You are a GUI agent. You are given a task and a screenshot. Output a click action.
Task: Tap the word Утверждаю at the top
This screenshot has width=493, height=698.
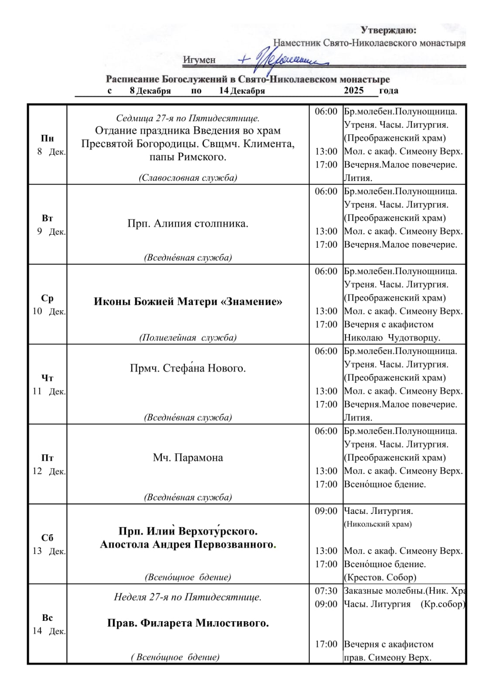[x=388, y=30]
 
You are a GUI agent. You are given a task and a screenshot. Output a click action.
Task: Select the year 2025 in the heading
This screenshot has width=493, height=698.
[x=353, y=90]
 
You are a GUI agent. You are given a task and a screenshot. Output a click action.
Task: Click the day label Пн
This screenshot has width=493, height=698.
[x=47, y=138]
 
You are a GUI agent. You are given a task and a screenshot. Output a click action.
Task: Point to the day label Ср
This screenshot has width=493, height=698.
[x=47, y=298]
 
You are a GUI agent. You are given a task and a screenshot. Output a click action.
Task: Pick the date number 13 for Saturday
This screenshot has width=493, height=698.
[x=37, y=551]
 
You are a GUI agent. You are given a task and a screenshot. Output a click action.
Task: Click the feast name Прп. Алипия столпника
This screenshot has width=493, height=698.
[x=188, y=223]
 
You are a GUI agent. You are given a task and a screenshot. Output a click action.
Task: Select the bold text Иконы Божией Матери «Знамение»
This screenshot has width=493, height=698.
[x=188, y=301]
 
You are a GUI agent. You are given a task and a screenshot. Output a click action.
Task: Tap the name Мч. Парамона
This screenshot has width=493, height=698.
[x=188, y=457]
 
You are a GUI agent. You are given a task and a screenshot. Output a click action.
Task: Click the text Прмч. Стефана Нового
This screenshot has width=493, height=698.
[x=188, y=368]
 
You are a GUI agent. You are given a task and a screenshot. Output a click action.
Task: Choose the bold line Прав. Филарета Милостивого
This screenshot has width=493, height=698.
[x=188, y=623]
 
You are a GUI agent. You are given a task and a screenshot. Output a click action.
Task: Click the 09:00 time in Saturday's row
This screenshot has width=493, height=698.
[x=326, y=511]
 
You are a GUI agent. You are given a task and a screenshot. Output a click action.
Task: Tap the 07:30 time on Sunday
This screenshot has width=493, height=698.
[x=326, y=591]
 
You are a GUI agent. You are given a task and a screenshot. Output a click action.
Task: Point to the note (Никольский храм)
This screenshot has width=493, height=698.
[x=378, y=524]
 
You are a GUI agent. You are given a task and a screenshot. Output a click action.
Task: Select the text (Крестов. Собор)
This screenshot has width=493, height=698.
[x=380, y=577]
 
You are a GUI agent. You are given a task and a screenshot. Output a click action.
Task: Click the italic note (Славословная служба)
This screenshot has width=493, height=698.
[x=188, y=178]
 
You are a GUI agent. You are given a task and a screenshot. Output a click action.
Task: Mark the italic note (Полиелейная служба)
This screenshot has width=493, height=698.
[x=188, y=337]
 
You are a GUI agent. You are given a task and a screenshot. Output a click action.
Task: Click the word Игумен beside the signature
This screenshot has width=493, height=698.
[x=199, y=60]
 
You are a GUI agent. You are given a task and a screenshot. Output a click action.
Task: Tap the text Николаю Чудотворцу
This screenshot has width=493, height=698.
[x=392, y=338]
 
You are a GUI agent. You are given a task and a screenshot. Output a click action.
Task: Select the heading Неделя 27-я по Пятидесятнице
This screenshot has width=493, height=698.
[x=188, y=597]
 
